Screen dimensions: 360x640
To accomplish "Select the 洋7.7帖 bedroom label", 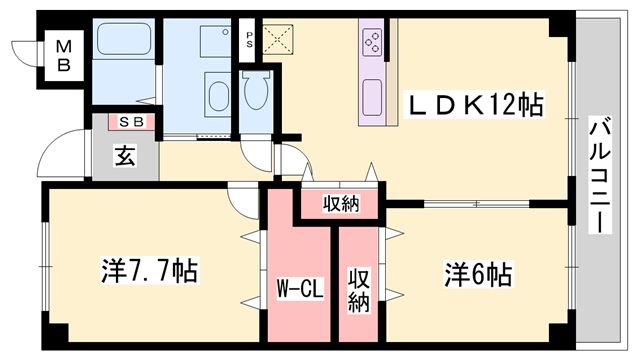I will (148, 269).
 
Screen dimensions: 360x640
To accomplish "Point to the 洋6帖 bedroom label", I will (480, 271).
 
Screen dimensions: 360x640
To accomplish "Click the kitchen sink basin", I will (372, 97).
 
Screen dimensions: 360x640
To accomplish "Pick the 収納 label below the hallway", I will (340, 205).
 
